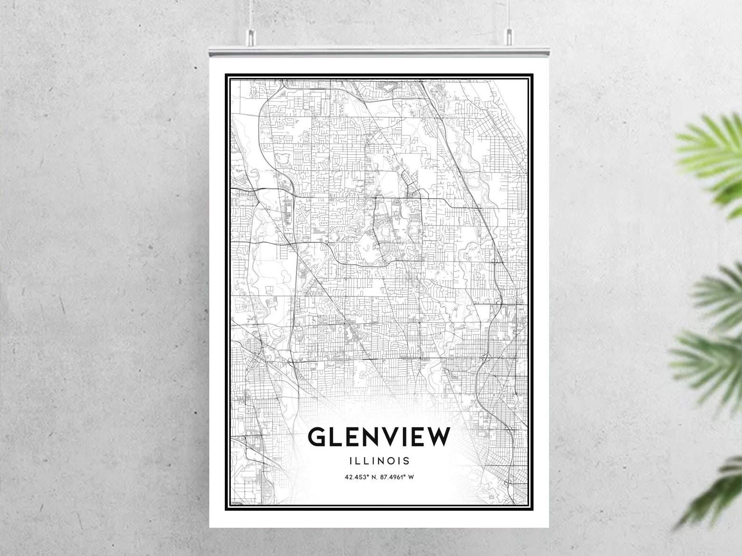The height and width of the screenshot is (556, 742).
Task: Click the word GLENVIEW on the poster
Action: [379, 437]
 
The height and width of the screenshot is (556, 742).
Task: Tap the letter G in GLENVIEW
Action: [317, 437]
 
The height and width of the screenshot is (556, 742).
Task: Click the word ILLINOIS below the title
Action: [379, 461]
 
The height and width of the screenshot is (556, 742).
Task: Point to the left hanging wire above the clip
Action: [251, 14]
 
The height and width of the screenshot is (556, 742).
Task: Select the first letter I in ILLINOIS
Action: [350, 461]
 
